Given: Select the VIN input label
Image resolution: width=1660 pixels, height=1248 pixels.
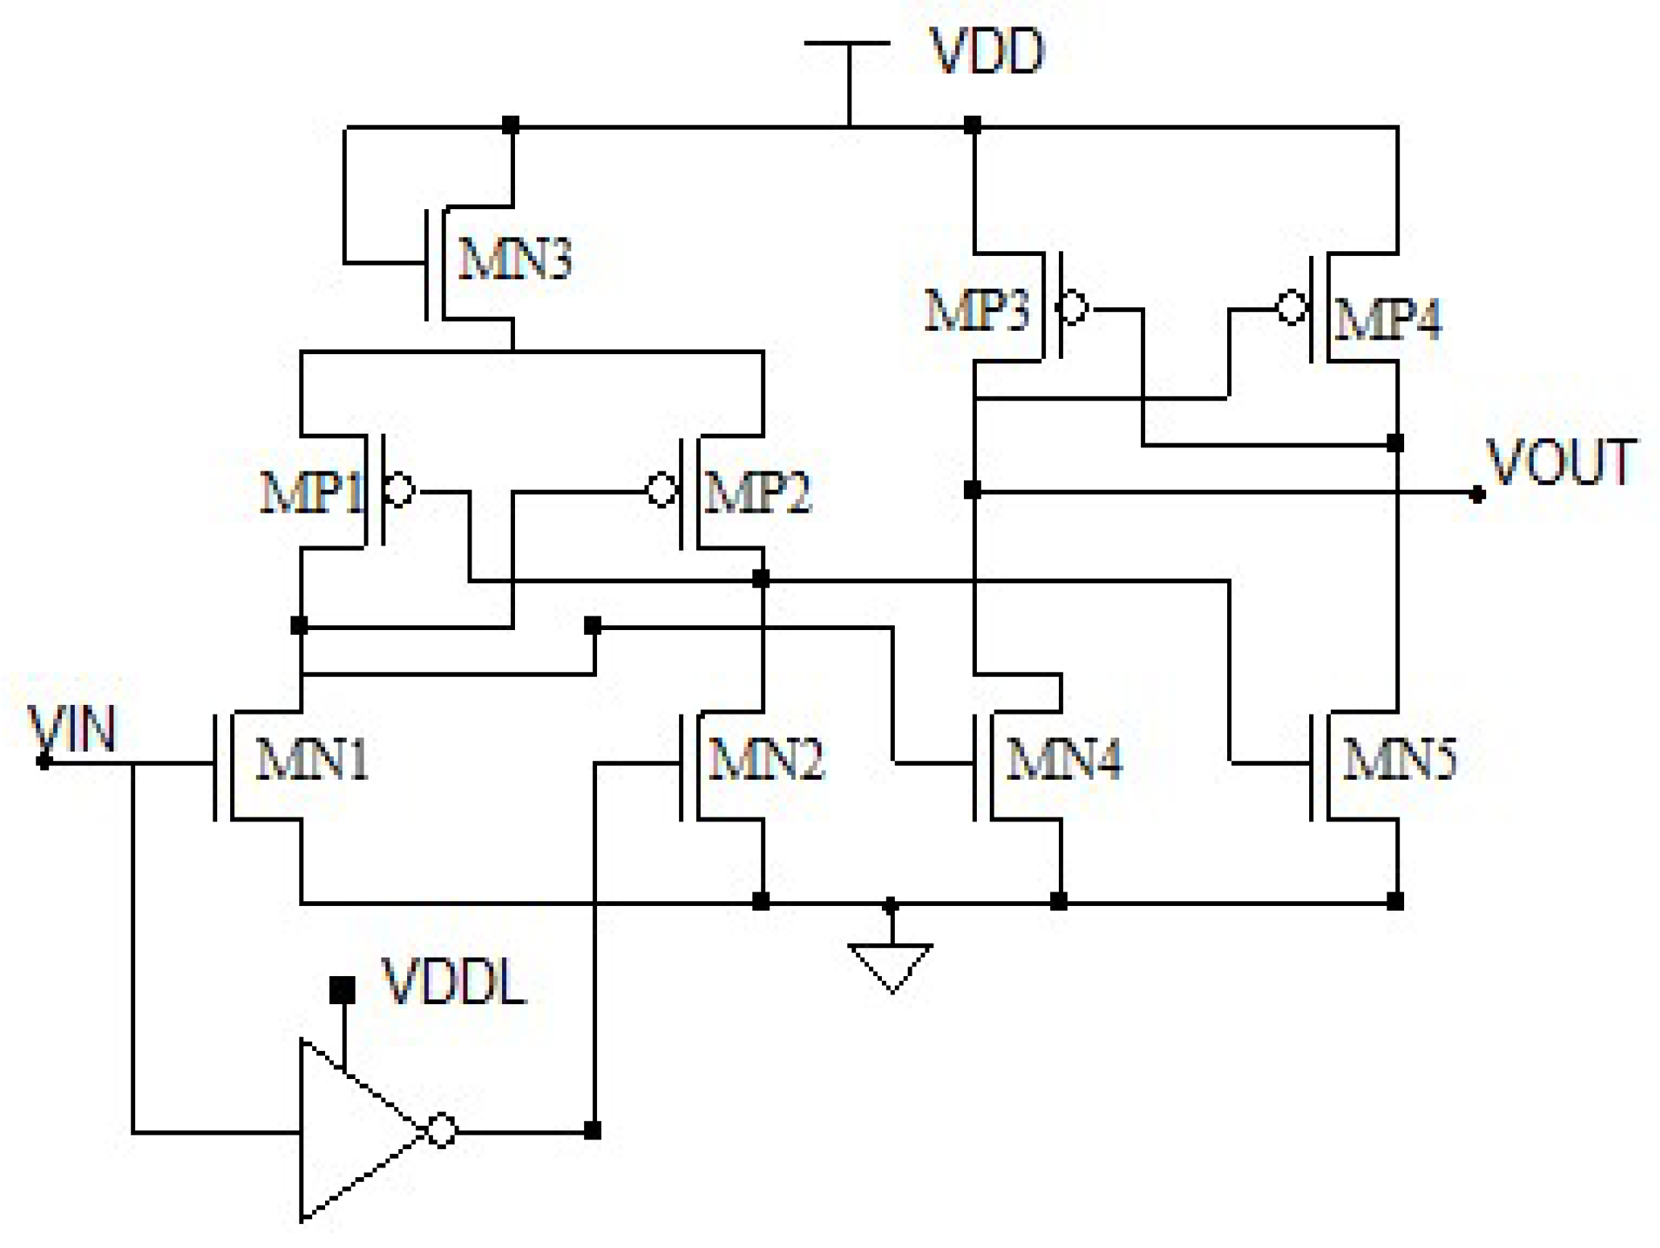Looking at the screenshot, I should tap(72, 730).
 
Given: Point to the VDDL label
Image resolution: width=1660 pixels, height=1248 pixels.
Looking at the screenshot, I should tap(455, 983).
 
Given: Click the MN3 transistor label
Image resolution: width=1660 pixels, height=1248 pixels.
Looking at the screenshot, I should tap(515, 259).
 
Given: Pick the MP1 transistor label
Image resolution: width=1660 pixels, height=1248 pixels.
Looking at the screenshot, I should tap(312, 492).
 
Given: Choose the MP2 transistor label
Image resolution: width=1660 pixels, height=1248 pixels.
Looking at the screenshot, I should tap(757, 492).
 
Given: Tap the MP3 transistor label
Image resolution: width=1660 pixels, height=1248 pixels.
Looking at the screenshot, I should tap(977, 311).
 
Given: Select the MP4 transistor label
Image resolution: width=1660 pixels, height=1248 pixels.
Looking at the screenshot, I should tap(1387, 319).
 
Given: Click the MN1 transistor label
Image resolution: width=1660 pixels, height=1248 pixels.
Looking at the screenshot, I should tap(312, 759).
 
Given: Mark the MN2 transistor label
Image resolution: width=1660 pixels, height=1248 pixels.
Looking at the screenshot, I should tap(766, 759).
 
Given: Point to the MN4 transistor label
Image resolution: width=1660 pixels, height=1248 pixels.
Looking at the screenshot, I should tap(1064, 759).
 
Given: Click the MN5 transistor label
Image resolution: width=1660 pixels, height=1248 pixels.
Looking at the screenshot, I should tap(1400, 759).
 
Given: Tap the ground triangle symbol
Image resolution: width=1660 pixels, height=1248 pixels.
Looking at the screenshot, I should tap(891, 963).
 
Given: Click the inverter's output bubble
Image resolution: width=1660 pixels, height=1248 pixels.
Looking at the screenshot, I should tap(441, 1131).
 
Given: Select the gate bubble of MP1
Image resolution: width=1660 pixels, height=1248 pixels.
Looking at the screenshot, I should tap(399, 489).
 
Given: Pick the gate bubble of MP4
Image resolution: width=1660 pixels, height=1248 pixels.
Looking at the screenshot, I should tap(1291, 307).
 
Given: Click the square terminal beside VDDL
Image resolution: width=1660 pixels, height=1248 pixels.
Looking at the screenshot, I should tap(343, 990).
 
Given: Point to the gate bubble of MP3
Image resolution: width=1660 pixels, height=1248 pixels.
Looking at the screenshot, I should tap(1073, 307).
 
